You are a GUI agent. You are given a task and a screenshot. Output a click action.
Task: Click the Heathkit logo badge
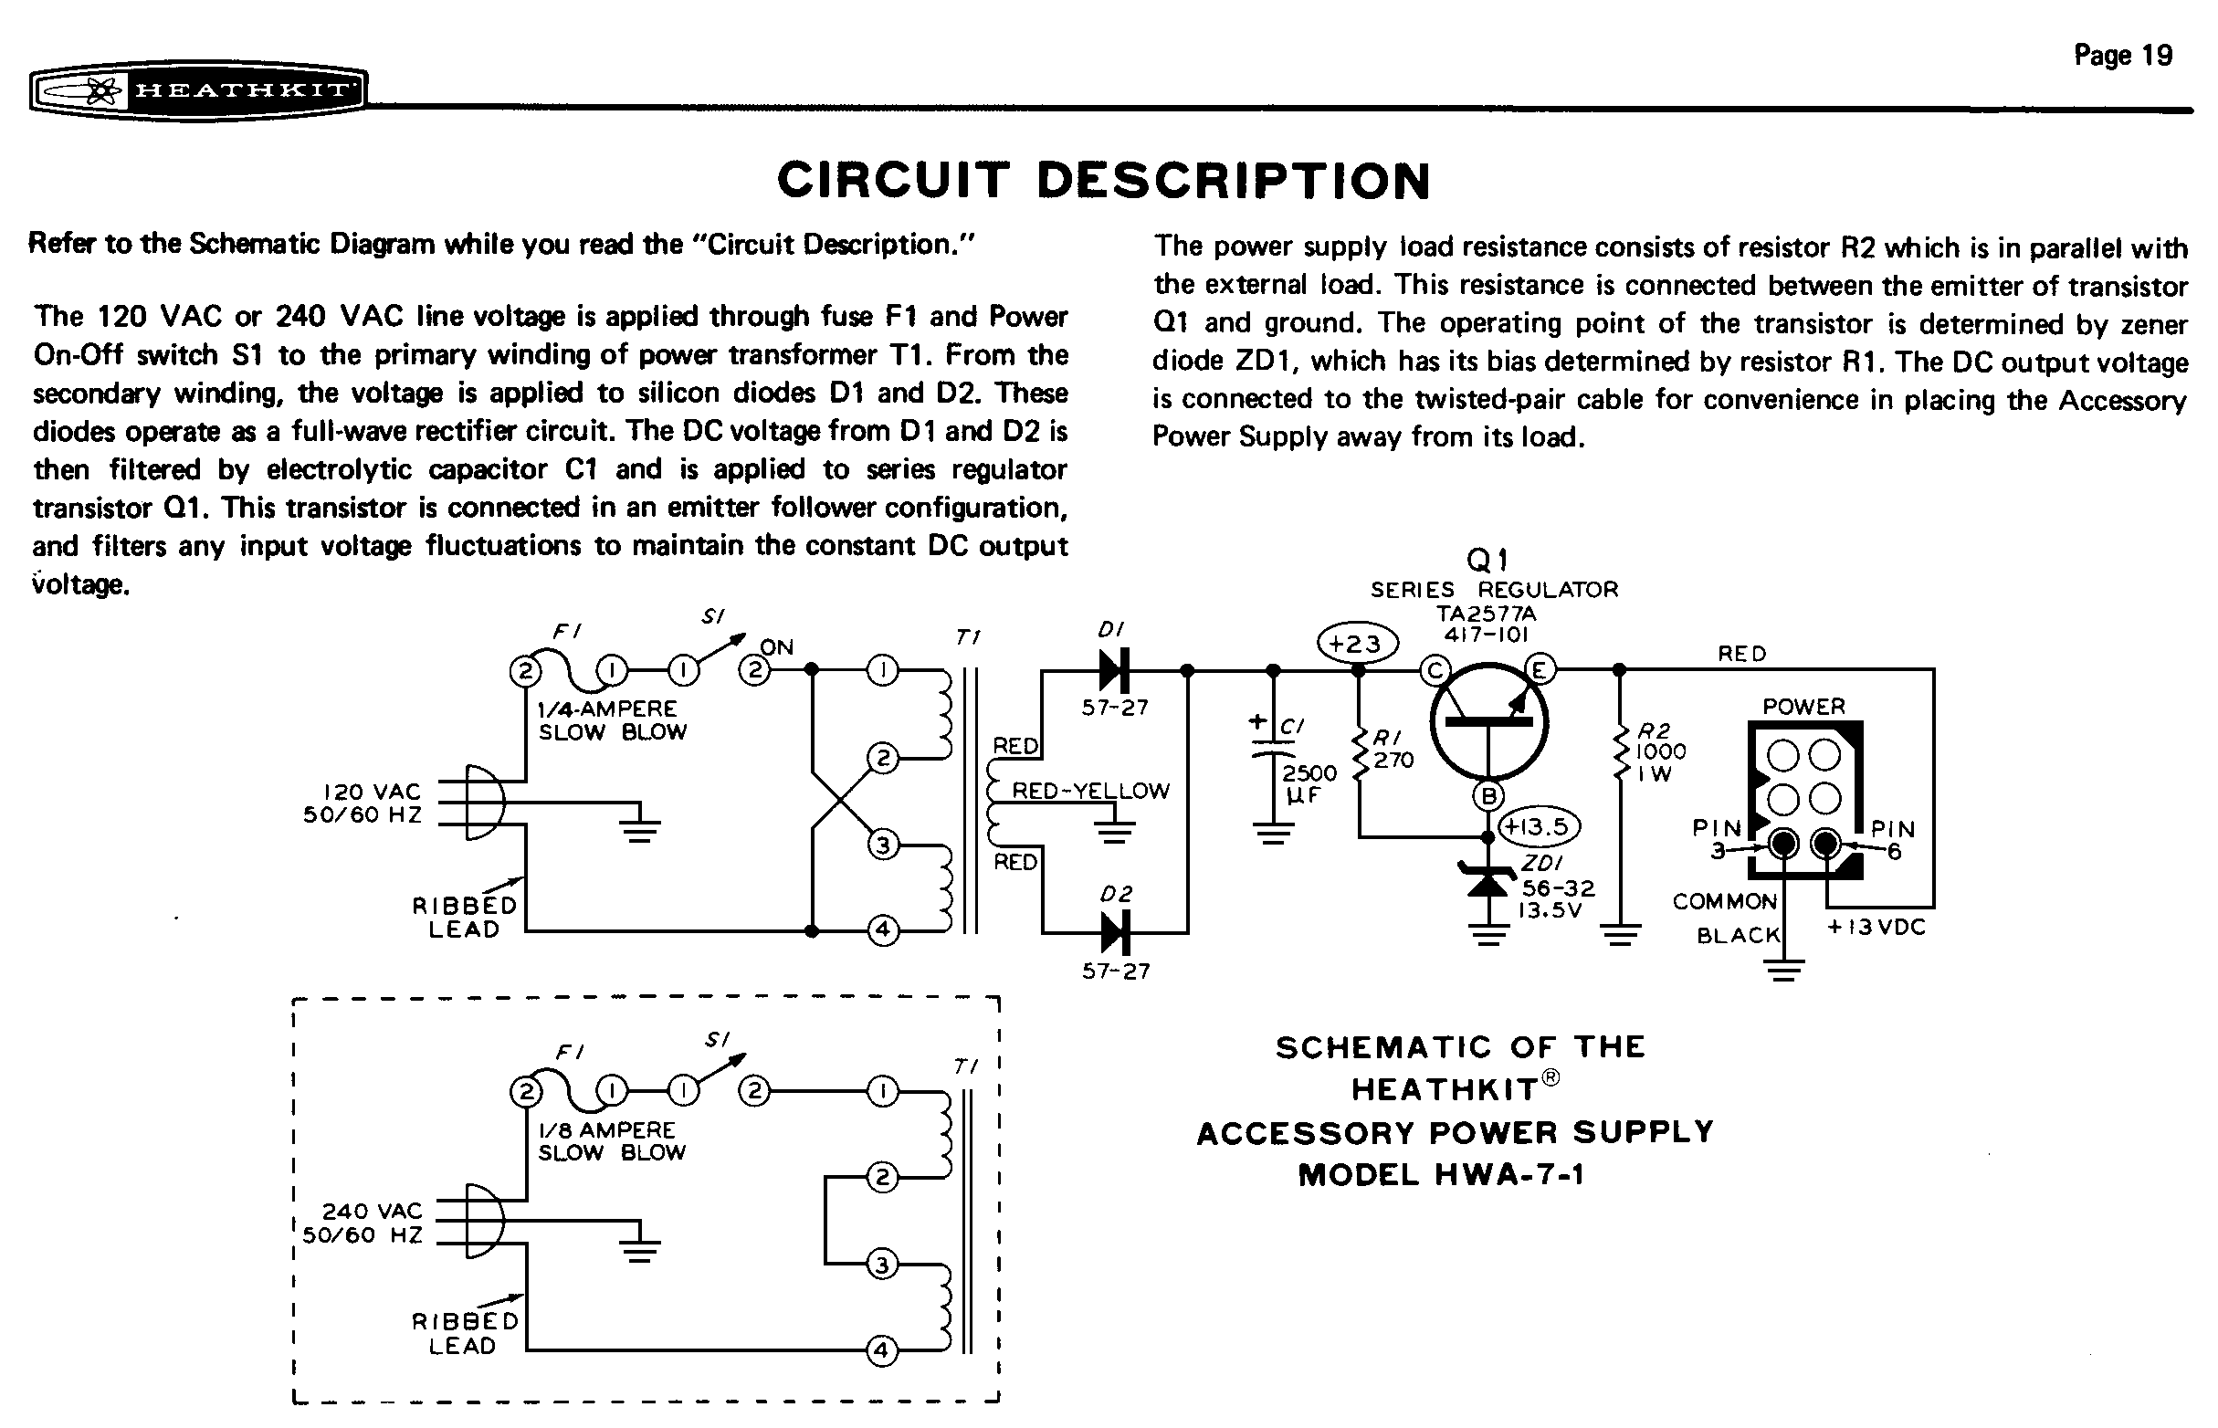click(x=198, y=91)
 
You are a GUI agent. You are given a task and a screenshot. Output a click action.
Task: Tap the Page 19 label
click(x=2122, y=56)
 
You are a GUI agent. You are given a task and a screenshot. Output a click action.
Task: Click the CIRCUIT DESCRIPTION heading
click(x=1103, y=181)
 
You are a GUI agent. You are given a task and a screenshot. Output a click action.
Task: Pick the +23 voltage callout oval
click(x=1358, y=644)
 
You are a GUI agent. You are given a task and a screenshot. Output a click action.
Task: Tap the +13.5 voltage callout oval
click(x=1540, y=826)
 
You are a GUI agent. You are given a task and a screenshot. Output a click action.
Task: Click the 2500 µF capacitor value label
click(x=1309, y=783)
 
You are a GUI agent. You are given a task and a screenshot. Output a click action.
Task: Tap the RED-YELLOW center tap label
click(x=1090, y=791)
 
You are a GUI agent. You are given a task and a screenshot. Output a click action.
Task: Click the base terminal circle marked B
click(x=1488, y=795)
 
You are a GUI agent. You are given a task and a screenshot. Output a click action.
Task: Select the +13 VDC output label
click(x=1875, y=928)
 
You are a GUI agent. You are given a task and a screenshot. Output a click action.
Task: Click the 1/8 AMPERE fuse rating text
click(x=606, y=1130)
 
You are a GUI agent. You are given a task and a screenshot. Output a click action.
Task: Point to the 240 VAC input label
click(x=372, y=1211)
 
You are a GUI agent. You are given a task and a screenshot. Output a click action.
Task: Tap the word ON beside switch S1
click(x=777, y=647)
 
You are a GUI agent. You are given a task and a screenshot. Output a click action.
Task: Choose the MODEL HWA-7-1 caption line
click(x=1442, y=1176)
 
